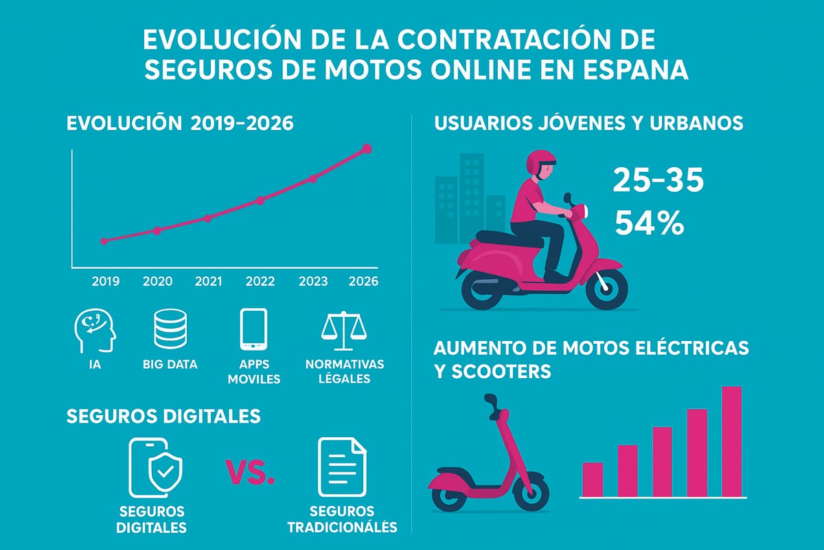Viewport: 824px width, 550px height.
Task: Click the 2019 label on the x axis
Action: tap(105, 281)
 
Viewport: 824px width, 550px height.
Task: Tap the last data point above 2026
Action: tap(367, 148)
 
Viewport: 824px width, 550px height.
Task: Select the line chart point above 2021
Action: tap(207, 218)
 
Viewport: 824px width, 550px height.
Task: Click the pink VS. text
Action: tap(250, 472)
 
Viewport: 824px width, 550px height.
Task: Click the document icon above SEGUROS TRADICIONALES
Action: tap(342, 467)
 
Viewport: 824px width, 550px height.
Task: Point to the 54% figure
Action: tap(649, 223)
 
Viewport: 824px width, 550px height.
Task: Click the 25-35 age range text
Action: tap(658, 181)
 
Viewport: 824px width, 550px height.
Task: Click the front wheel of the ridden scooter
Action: tap(602, 289)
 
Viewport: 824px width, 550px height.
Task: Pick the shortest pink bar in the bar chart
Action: tap(593, 478)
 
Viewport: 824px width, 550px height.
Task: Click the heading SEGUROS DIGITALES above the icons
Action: tap(163, 416)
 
